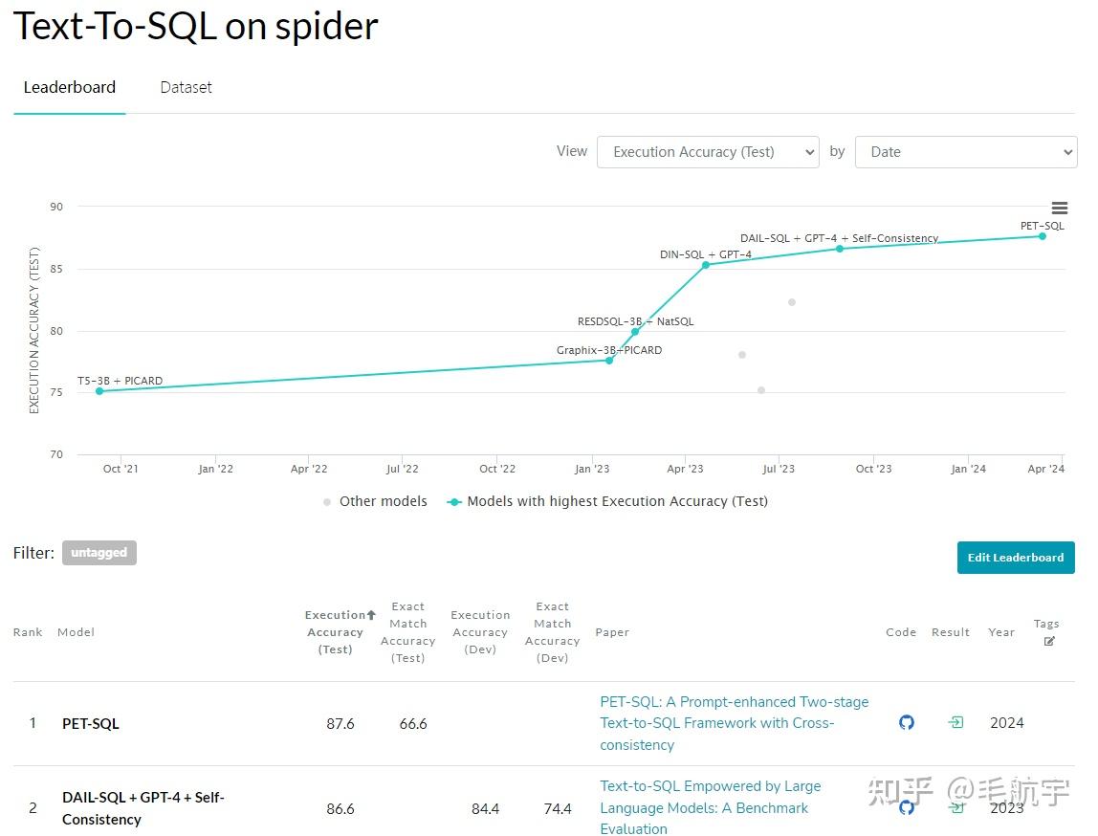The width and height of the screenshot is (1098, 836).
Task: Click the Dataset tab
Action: [x=186, y=87]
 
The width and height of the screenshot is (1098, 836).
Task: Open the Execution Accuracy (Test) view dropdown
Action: [x=708, y=152]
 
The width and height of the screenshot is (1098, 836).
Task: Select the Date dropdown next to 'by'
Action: [x=966, y=152]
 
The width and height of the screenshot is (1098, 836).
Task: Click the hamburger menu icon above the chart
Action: [x=1059, y=209]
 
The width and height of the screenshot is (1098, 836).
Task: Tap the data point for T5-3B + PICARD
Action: [x=99, y=391]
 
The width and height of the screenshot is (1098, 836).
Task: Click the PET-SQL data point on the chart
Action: [x=1042, y=236]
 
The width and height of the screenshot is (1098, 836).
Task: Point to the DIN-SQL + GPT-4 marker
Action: [x=706, y=265]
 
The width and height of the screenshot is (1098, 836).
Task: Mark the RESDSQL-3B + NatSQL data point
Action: [x=635, y=332]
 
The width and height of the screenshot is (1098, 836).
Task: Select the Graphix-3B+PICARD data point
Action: [x=609, y=361]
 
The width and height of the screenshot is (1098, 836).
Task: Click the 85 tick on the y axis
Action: [x=56, y=269]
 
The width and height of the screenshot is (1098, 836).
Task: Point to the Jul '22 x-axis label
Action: [x=402, y=469]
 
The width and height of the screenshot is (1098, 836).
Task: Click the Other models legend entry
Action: [x=375, y=501]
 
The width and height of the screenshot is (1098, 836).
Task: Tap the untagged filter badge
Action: [x=99, y=553]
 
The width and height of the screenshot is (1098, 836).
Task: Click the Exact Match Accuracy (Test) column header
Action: [x=408, y=632]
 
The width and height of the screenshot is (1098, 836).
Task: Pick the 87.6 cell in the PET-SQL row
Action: [x=340, y=724]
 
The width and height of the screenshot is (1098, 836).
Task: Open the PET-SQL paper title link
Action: [x=734, y=723]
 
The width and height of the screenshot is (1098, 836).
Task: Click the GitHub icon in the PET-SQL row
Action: [x=907, y=723]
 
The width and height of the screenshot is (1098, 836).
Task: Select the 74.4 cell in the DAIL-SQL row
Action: [x=558, y=808]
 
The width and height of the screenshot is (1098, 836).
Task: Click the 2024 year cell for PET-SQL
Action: [x=1007, y=723]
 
